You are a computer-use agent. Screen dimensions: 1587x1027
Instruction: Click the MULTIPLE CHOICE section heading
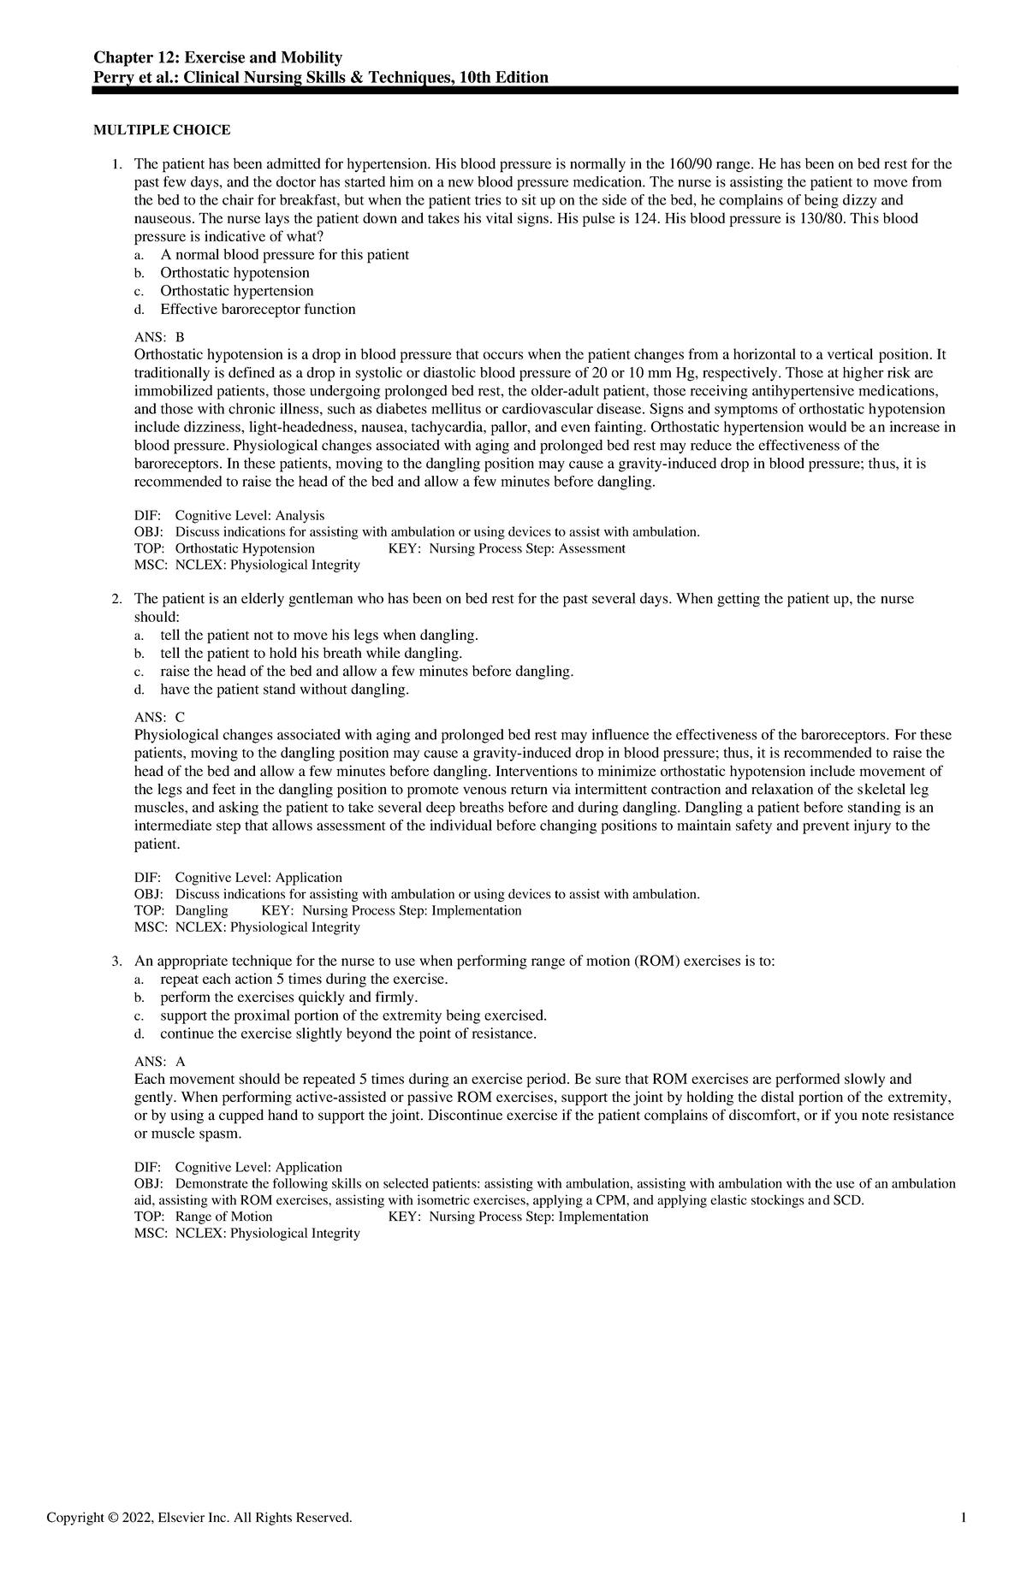click(162, 130)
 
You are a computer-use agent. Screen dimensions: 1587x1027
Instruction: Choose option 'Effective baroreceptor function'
click(258, 309)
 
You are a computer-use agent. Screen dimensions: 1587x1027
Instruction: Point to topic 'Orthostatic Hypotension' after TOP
click(245, 548)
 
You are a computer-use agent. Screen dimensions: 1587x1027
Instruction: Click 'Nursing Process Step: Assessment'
click(527, 548)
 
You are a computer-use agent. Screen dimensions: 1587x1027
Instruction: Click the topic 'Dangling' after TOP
click(202, 910)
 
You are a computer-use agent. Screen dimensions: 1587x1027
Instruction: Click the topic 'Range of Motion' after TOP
click(223, 1217)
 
